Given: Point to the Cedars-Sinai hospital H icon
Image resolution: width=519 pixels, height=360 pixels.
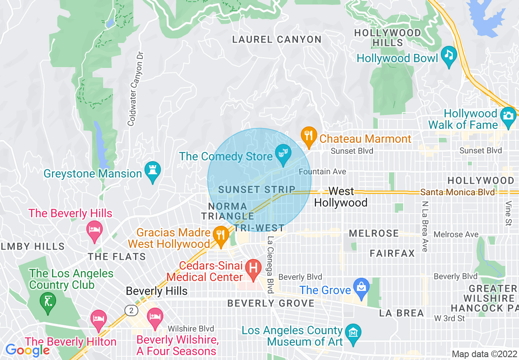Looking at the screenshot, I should click(253, 268).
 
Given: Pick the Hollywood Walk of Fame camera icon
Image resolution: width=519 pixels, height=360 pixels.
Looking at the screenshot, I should click(508, 116).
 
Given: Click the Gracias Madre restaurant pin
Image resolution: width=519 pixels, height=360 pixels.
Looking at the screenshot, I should click(221, 235).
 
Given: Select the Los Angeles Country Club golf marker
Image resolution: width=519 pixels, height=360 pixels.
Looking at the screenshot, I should click(48, 301).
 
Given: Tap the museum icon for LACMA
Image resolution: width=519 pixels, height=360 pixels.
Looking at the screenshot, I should click(352, 332).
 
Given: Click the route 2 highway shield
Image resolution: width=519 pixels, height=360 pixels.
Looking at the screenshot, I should click(131, 311).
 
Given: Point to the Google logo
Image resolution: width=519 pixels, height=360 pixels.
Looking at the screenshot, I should click(27, 350).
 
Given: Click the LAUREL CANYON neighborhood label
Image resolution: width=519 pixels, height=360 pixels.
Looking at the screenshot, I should click(277, 40).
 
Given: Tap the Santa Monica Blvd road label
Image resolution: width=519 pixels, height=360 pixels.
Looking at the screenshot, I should click(457, 192).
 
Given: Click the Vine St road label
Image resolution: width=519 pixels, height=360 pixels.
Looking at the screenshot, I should click(508, 213).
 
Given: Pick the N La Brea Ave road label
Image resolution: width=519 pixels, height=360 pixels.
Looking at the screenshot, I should click(425, 226).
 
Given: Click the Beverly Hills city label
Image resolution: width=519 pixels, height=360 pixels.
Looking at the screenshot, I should click(157, 291).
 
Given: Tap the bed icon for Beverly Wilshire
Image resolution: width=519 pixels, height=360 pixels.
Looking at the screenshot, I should click(155, 317).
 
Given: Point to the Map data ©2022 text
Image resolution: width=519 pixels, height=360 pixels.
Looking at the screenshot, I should click(484, 354).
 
